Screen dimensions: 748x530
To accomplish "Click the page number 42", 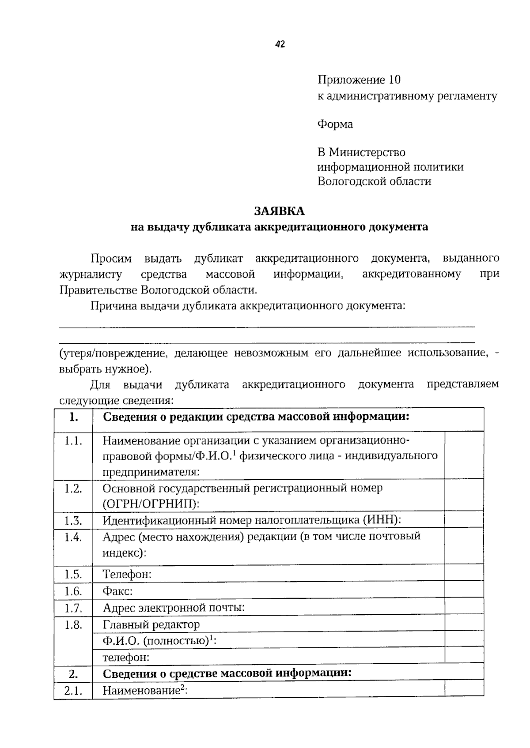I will [280, 44].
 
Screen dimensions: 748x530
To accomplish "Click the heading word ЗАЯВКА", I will [279, 211].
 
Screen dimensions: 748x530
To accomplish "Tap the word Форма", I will [335, 124].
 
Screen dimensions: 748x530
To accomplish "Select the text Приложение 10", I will [359, 80].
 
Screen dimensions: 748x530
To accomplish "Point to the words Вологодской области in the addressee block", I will [374, 181].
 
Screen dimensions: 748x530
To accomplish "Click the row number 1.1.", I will [73, 441].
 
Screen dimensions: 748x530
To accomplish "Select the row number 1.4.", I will [73, 537].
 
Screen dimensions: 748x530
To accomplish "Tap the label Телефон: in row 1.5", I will [127, 574].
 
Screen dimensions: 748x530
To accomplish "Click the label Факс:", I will [117, 591].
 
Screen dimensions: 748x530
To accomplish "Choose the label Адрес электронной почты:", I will [174, 608].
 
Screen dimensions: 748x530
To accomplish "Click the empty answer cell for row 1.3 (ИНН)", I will [464, 520].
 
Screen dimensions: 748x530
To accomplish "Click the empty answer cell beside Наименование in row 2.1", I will [464, 690].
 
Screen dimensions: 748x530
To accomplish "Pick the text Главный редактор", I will [151, 624].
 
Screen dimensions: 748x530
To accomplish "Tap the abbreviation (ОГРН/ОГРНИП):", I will [151, 504].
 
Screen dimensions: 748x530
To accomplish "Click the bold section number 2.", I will [73, 674].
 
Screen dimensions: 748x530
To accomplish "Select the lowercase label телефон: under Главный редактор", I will [126, 658].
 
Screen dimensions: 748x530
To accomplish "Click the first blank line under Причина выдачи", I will [267, 327].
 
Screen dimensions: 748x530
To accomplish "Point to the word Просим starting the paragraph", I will [111, 258].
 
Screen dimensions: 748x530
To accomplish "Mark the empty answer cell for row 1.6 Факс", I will [464, 591].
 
